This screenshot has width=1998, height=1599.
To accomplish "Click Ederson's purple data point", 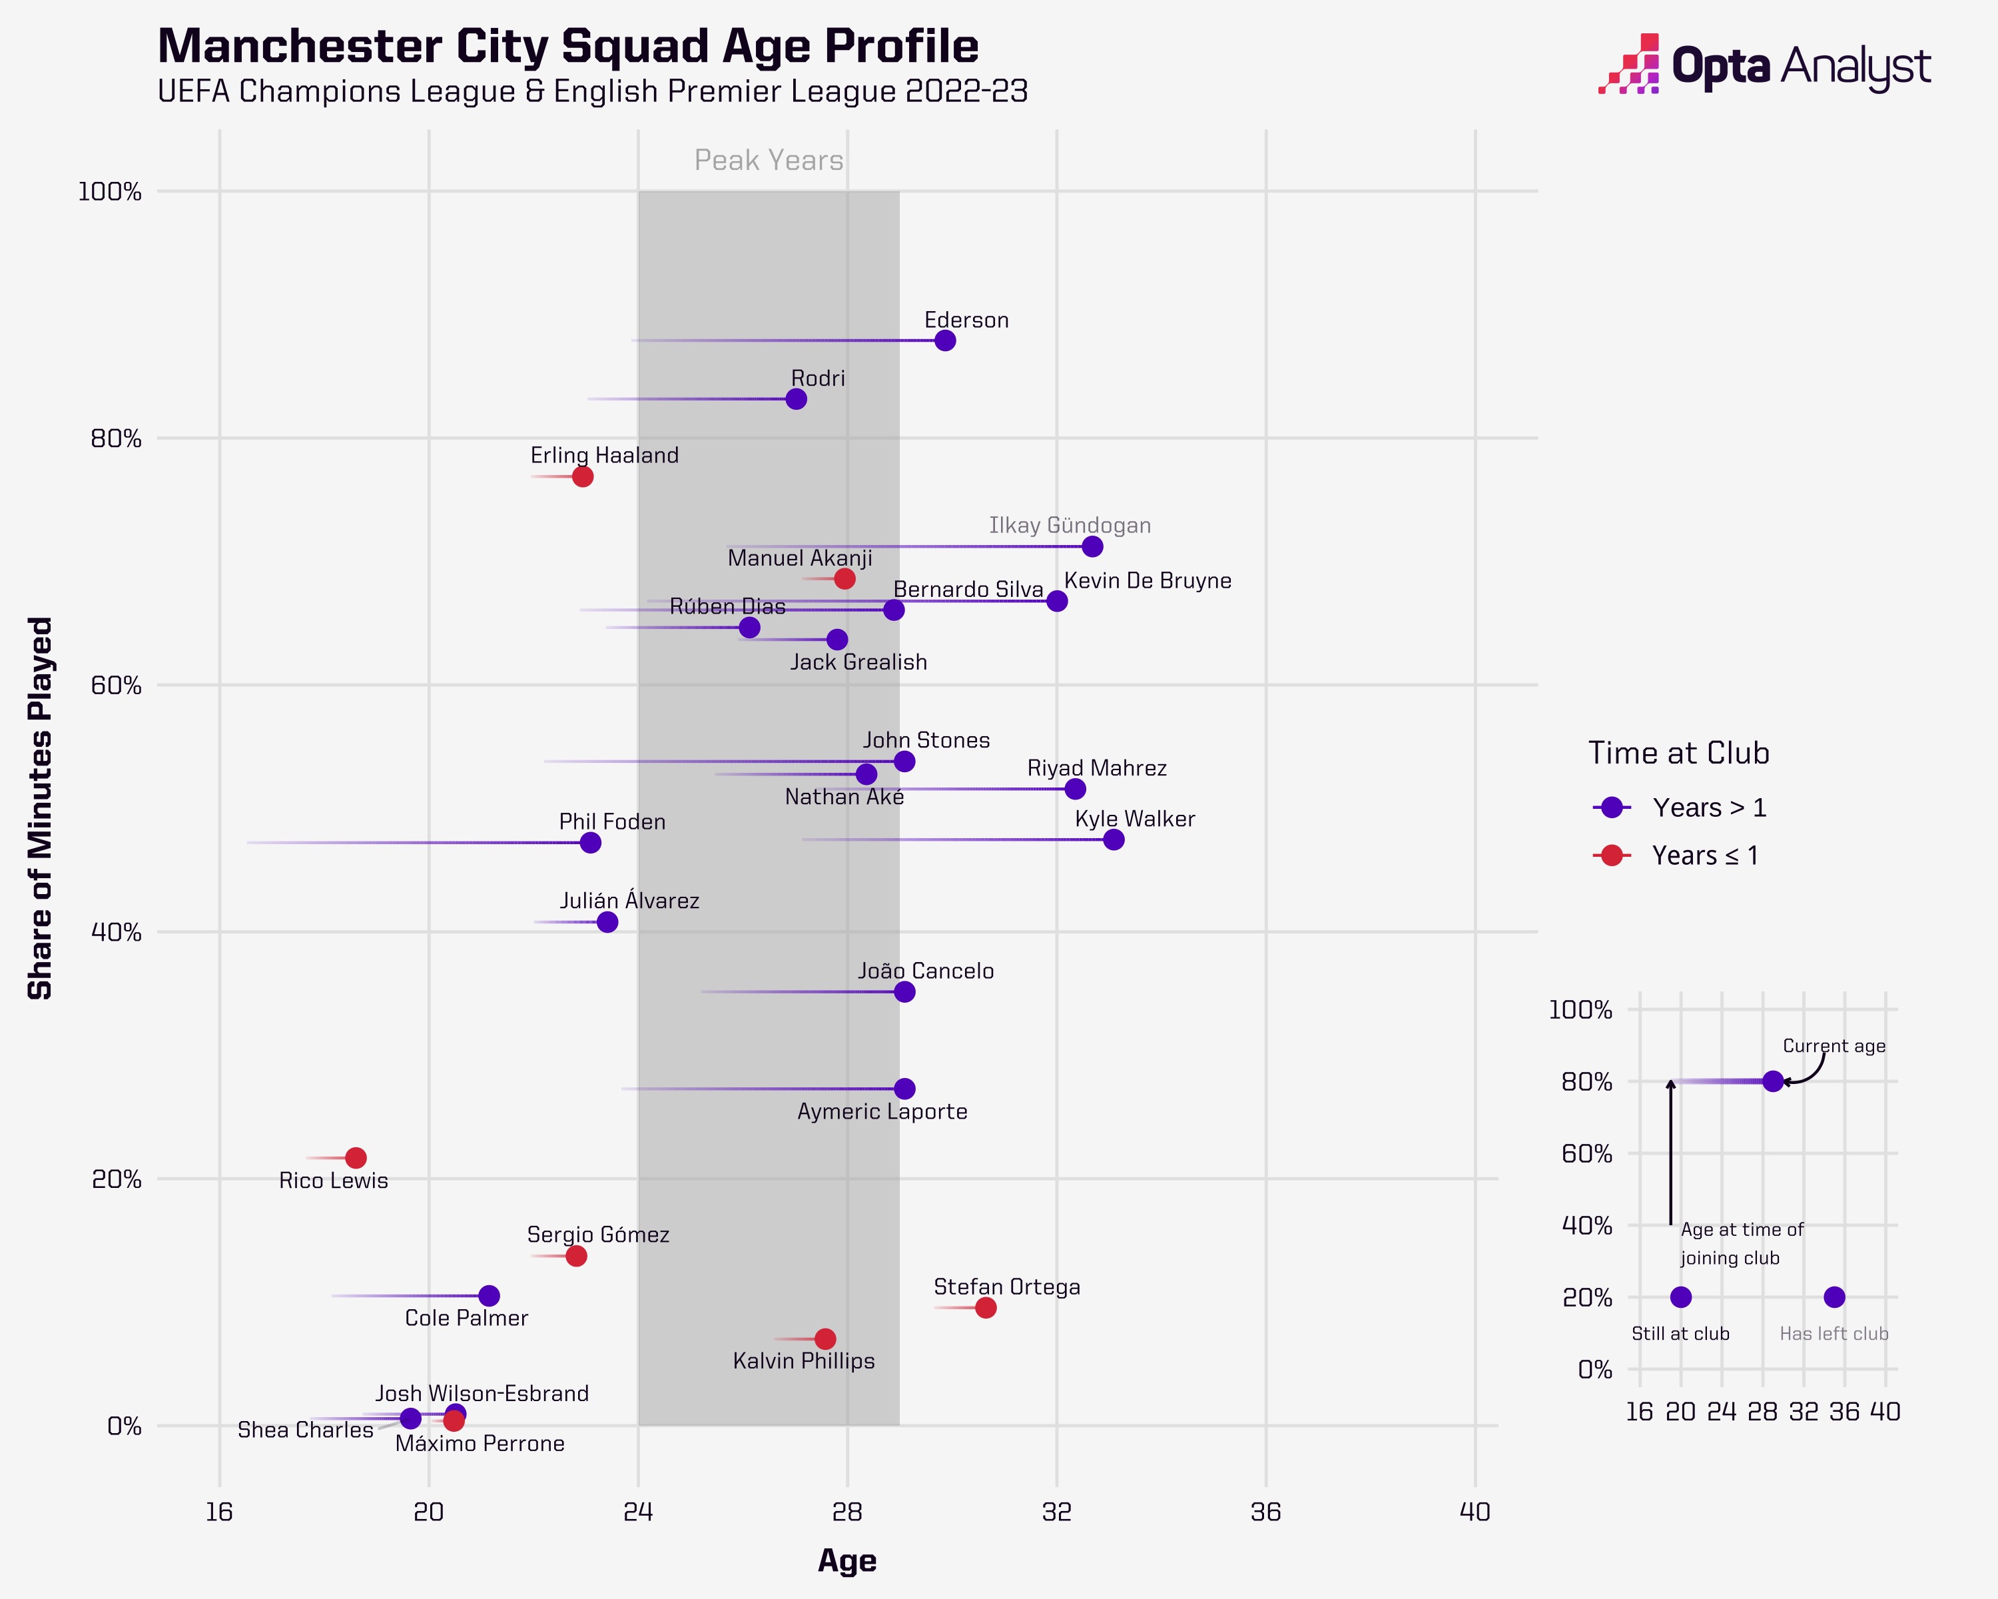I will coord(944,340).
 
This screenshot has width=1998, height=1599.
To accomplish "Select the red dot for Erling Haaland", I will coord(582,476).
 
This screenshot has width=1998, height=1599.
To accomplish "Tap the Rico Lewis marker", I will coord(356,1158).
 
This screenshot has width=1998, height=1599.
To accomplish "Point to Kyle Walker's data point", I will coord(1114,840).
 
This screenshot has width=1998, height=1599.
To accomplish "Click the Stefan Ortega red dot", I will coord(986,1308).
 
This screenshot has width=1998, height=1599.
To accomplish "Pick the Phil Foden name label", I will coord(611,822).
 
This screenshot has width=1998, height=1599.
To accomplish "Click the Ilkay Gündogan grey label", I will coord(1070,526).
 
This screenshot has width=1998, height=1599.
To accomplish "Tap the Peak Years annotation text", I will coord(769,161).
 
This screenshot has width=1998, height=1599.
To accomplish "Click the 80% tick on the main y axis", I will coord(116,438).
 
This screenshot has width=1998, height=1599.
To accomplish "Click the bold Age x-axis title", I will coord(847,1561).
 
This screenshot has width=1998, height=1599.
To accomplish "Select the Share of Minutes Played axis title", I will coord(40,808).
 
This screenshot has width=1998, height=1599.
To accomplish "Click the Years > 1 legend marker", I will coord(1612,807).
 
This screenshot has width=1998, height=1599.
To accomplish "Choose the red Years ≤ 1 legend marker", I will coord(1612,855).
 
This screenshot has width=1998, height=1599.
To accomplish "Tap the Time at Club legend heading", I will coord(1678,753).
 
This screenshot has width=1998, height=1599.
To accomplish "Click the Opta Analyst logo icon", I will coord(1628,64).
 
